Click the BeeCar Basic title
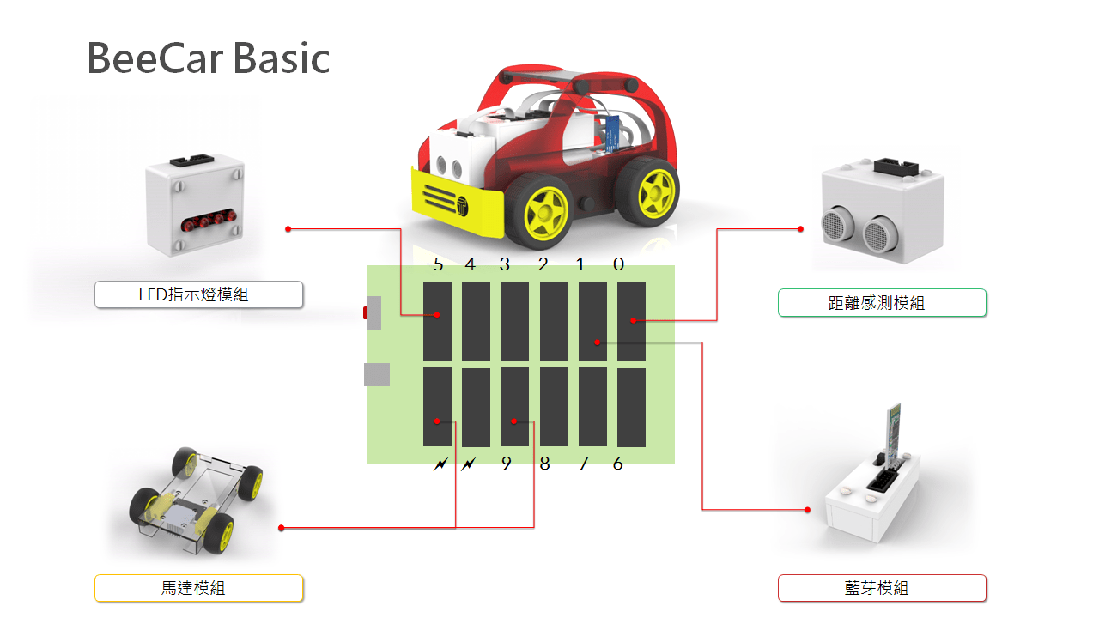209,58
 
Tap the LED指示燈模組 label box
198,294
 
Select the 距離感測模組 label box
882,303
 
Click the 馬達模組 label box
198,588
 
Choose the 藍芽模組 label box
882,588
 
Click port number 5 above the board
438,264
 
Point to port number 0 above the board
619,264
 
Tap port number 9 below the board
507,463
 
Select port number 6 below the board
617,463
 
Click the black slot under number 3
514,321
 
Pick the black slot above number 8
554,407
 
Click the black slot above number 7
592,407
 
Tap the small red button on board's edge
366,312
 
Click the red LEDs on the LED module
209,221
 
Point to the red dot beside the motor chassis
281,528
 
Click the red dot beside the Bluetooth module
808,510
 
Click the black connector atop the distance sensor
896,167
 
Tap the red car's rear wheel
648,191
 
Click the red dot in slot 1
597,342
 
